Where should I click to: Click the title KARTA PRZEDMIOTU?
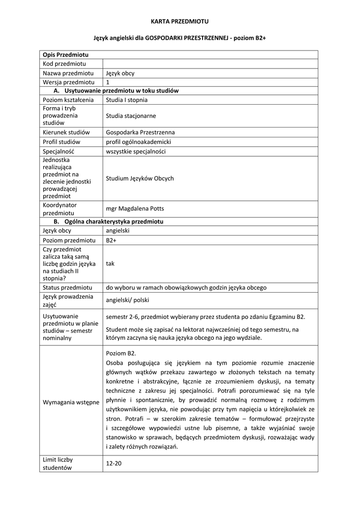click(180, 21)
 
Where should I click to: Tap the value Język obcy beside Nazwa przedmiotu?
click(120, 73)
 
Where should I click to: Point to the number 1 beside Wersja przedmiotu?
click(108, 82)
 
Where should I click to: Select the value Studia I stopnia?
click(127, 100)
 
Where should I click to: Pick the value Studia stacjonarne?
click(131, 116)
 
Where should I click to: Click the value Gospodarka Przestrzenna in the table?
click(140, 132)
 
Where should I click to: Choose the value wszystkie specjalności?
click(136, 151)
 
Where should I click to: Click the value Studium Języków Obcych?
click(140, 178)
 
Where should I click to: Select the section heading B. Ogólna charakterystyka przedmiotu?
click(109, 221)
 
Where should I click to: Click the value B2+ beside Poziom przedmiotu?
click(111, 240)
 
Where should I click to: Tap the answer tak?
click(110, 263)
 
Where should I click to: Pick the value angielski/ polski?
click(127, 300)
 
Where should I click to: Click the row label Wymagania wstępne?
click(71, 402)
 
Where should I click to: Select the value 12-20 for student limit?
click(114, 463)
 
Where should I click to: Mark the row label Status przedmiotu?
click(68, 287)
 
